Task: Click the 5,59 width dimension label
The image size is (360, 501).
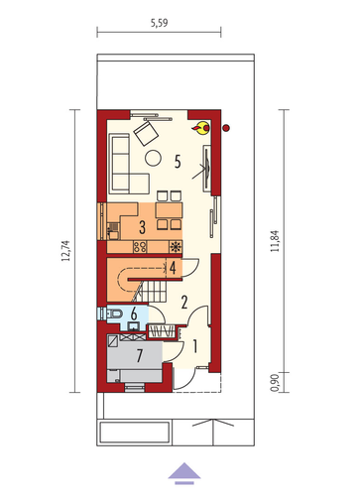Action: [x=159, y=23]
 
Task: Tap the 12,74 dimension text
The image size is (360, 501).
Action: [x=65, y=251]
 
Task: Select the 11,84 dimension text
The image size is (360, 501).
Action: [x=275, y=241]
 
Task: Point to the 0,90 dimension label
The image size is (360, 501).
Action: [x=275, y=383]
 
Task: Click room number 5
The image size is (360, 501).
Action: [x=178, y=162]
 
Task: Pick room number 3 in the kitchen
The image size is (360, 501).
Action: [x=142, y=227]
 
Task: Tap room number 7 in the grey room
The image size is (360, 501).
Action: [x=140, y=356]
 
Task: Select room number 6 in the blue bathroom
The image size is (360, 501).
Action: [x=134, y=314]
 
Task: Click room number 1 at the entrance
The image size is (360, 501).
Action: [x=195, y=346]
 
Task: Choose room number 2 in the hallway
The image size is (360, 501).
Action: [x=184, y=302]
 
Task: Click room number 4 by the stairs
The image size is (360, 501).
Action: [x=173, y=268]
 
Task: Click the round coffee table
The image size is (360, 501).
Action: [x=153, y=158]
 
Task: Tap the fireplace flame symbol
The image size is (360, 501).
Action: [x=200, y=128]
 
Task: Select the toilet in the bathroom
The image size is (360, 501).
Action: [x=115, y=313]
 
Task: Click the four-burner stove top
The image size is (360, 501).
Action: [x=140, y=247]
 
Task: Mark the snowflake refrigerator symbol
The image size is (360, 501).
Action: [x=176, y=247]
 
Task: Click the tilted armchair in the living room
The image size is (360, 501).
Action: [x=146, y=133]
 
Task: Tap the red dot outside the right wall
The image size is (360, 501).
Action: [x=226, y=128]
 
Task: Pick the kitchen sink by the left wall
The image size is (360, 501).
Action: [x=113, y=231]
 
